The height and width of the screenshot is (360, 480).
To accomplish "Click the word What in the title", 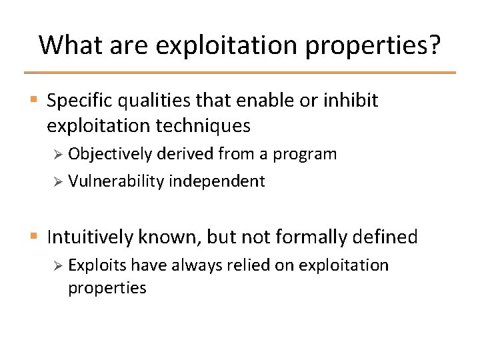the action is [71, 45].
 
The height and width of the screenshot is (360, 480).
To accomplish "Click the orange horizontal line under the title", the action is [240, 73].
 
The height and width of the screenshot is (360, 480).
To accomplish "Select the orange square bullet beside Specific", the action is [34, 99].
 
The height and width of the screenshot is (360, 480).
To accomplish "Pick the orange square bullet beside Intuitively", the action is [34, 236].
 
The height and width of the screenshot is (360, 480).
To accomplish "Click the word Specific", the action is [79, 101].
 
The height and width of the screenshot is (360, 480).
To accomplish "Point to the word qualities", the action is [154, 101].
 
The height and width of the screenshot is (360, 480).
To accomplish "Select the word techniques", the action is [203, 126].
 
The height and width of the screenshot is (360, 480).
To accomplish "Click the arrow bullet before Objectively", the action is [58, 154].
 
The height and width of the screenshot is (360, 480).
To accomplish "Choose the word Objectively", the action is [110, 154].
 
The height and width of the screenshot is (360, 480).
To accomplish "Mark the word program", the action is [305, 155].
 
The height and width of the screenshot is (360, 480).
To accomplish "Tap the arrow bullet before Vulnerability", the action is [58, 182].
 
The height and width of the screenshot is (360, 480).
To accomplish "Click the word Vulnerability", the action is [116, 181].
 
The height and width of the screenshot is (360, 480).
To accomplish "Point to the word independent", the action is [217, 181].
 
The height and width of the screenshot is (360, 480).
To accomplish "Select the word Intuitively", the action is [90, 237].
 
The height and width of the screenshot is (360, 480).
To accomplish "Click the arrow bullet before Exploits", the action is [58, 266].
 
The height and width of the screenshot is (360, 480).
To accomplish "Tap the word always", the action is [197, 266].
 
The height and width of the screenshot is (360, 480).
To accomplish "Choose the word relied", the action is [248, 265].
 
